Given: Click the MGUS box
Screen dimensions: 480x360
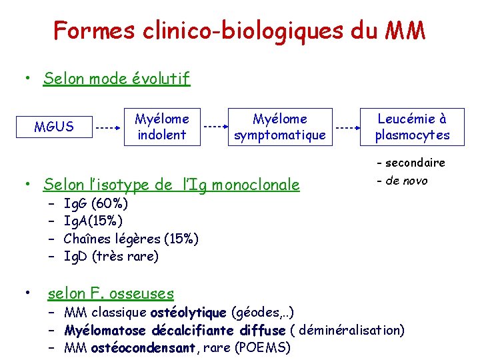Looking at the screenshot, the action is (x=54, y=126).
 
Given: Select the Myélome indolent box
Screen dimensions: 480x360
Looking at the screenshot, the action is (x=162, y=126).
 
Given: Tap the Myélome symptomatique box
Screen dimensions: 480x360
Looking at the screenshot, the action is (x=280, y=126).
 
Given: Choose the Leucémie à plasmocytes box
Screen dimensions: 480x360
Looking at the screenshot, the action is (x=412, y=126).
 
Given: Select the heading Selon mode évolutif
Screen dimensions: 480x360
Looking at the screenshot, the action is (x=117, y=79).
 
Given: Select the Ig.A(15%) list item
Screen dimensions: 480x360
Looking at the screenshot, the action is (x=93, y=221).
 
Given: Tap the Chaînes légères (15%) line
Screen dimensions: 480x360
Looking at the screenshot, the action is (x=131, y=239).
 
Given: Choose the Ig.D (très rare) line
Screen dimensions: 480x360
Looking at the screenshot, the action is (x=111, y=257).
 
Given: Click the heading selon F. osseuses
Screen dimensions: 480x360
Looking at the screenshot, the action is (x=111, y=293).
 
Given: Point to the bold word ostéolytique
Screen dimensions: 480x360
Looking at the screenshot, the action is (x=189, y=313).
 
